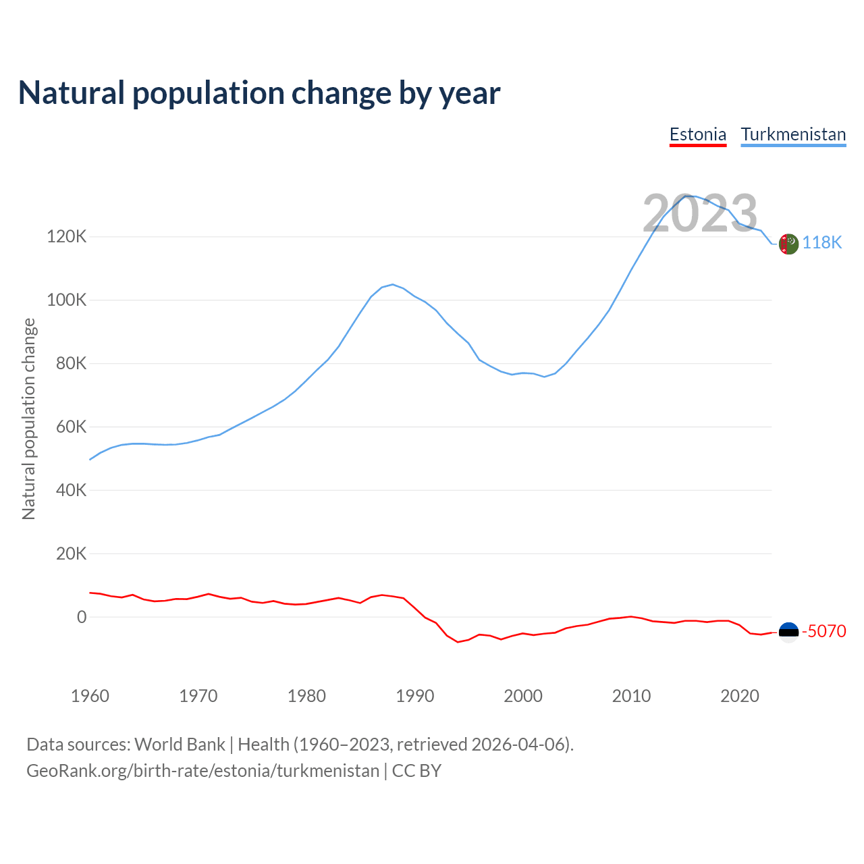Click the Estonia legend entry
[x=697, y=134]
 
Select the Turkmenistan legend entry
[x=793, y=134]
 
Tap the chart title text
[x=259, y=93]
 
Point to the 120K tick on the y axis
[x=67, y=237]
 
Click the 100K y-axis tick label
[x=67, y=300]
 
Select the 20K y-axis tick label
[x=71, y=554]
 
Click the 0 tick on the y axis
[x=82, y=617]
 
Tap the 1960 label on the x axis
[x=90, y=696]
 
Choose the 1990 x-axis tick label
[x=414, y=696]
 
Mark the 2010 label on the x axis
[x=631, y=696]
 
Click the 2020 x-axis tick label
[x=740, y=696]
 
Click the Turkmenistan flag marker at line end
[x=788, y=244]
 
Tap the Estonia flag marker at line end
[x=788, y=632]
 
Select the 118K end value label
[x=822, y=243]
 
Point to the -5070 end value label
[x=823, y=632]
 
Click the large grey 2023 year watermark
[x=700, y=214]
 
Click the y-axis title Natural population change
[x=29, y=419]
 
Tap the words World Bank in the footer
[x=180, y=745]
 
